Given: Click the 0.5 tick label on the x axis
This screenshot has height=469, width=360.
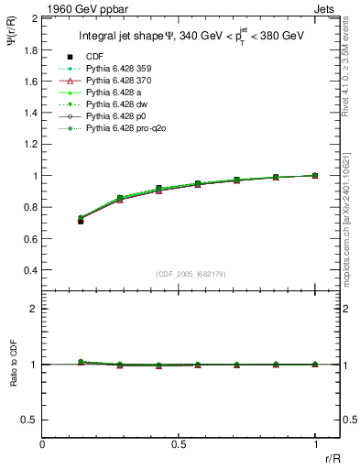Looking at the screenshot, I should [x=179, y=443].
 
